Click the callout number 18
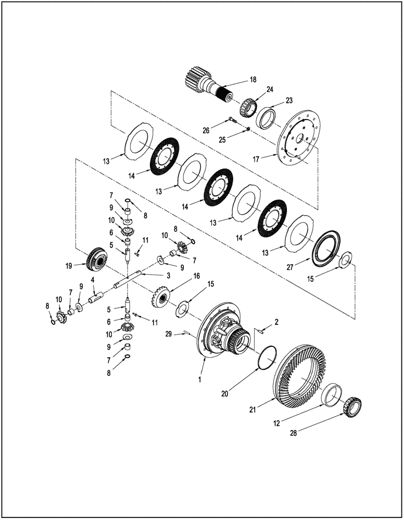[253, 80]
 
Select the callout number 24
[270, 89]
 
